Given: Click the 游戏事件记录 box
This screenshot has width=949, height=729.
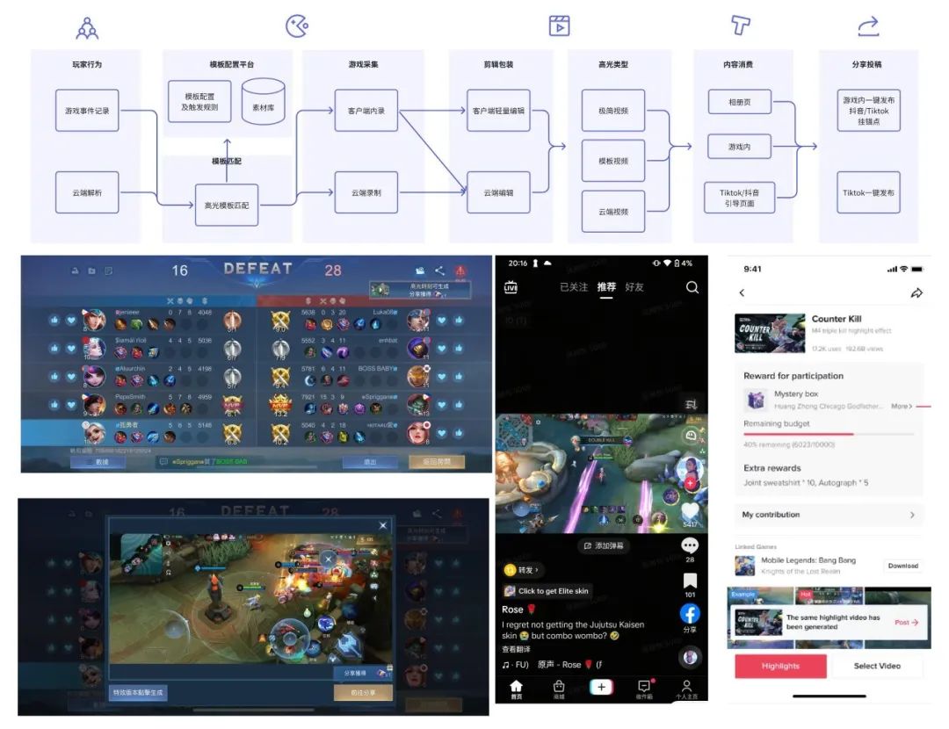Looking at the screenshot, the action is pyautogui.click(x=86, y=111).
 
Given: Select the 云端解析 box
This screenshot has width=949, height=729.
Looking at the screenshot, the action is pyautogui.click(x=86, y=192).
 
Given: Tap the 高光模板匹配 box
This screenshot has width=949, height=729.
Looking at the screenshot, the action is pyautogui.click(x=227, y=205).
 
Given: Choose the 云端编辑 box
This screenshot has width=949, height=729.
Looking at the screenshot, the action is pyautogui.click(x=498, y=192).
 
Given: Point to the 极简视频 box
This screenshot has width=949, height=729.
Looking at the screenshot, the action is pyautogui.click(x=613, y=111).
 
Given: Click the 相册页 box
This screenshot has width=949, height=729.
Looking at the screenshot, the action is pyautogui.click(x=740, y=103).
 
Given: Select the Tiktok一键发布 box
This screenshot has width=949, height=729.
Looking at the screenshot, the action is pyautogui.click(x=868, y=192).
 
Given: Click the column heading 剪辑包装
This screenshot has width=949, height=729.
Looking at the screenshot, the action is pyautogui.click(x=498, y=64).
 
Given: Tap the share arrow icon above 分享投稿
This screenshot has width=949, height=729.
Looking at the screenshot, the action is pyautogui.click(x=868, y=27).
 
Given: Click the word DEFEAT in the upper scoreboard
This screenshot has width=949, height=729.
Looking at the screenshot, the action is pyautogui.click(x=257, y=269).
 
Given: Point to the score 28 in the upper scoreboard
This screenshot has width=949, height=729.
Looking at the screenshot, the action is pyautogui.click(x=333, y=271).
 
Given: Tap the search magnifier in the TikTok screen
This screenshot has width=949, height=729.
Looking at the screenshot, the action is pyautogui.click(x=692, y=287).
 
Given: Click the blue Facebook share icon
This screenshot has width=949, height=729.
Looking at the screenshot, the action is pyautogui.click(x=690, y=614).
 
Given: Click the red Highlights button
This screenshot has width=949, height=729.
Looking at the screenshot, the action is pyautogui.click(x=780, y=666).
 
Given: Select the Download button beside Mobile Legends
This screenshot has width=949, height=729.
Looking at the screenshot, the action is pyautogui.click(x=902, y=566).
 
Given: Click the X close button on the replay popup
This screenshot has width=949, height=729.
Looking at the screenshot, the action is pyautogui.click(x=382, y=525).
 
